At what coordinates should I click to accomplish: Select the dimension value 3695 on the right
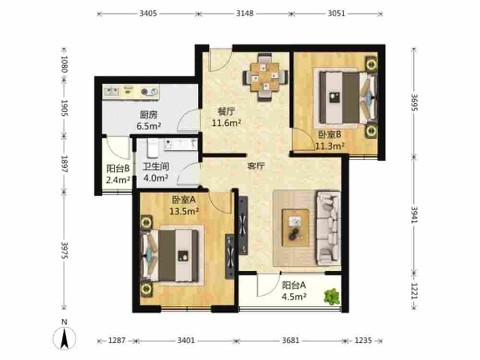(x=414, y=103)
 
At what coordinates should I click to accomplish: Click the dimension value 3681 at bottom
(x=290, y=341)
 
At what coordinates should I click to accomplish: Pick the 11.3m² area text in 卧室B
(x=330, y=146)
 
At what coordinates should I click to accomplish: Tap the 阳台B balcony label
(x=118, y=168)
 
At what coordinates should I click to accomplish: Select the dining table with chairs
(x=265, y=77)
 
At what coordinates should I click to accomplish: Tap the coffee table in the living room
(x=295, y=227)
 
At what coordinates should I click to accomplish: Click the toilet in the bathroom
(x=152, y=148)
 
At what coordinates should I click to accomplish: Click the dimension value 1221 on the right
(x=414, y=290)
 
